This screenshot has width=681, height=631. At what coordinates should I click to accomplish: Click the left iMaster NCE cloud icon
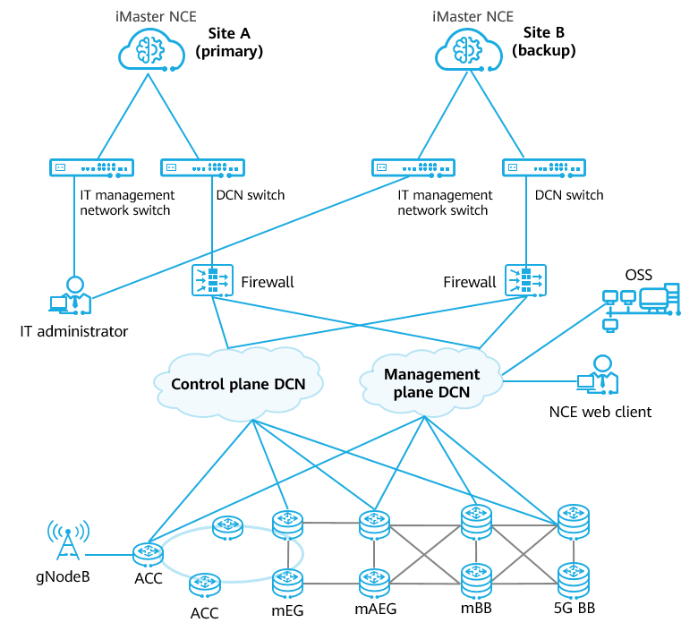[148, 51]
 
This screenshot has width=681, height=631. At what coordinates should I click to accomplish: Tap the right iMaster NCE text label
[472, 16]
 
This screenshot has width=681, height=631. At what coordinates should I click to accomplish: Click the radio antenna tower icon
[67, 541]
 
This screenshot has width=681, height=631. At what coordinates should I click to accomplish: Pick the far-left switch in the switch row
[91, 167]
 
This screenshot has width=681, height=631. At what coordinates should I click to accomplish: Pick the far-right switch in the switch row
[544, 167]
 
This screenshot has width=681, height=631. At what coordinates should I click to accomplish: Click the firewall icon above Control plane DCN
[212, 281]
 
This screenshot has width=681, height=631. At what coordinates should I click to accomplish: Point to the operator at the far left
[71, 296]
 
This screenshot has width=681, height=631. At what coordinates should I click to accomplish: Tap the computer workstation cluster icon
[641, 303]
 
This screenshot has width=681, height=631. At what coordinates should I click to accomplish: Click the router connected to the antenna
[147, 554]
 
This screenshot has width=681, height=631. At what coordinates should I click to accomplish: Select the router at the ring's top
[228, 525]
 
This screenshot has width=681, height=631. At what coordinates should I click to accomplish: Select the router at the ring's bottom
[205, 584]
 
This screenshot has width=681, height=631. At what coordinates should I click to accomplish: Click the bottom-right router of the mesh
[574, 581]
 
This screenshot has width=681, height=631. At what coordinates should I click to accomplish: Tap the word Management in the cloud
[431, 374]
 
